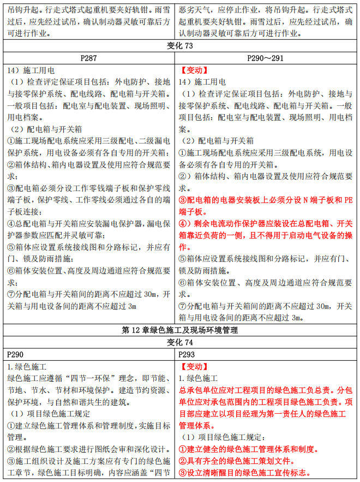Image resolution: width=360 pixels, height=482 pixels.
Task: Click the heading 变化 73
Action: [179, 45]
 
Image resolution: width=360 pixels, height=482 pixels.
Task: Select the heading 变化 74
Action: [179, 342]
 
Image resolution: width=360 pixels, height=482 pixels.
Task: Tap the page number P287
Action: [88, 57]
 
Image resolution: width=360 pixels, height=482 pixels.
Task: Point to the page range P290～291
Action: [267, 57]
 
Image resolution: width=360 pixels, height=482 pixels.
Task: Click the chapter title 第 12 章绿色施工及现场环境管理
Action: [179, 330]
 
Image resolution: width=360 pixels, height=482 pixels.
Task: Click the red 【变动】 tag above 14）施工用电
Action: [194, 70]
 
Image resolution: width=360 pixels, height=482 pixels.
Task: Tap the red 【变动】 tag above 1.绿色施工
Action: [194, 366]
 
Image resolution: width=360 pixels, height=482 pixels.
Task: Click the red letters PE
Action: [348, 200]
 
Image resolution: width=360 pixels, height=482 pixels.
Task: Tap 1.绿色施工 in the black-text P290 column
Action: [27, 366]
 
